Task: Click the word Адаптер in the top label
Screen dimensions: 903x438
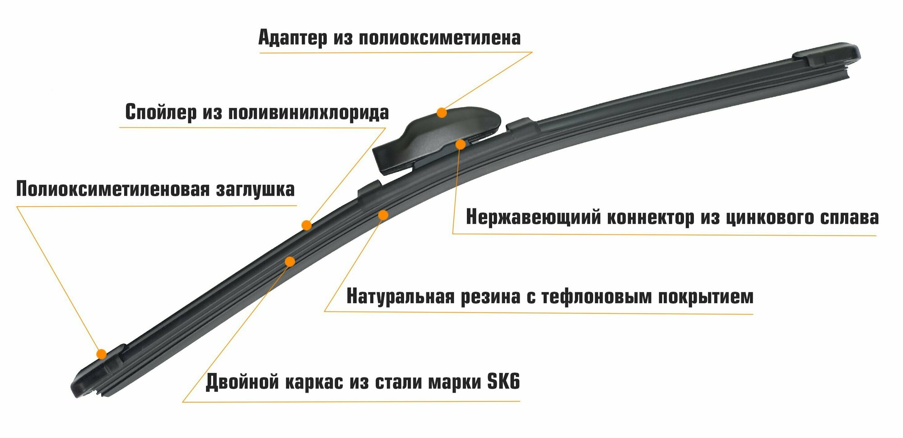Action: pyautogui.click(x=293, y=38)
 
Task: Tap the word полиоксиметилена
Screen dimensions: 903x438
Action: pyautogui.click(x=440, y=38)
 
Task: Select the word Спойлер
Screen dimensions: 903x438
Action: pyautogui.click(x=160, y=112)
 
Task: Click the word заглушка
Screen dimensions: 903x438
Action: pyautogui.click(x=255, y=189)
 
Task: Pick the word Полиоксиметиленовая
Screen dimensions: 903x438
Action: pyautogui.click(x=113, y=189)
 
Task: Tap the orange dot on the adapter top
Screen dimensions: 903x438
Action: pyautogui.click(x=442, y=113)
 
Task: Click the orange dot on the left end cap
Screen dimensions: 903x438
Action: pyautogui.click(x=102, y=353)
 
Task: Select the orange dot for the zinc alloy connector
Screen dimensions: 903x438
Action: pyautogui.click(x=460, y=144)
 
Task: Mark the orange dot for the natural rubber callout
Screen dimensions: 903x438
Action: pyautogui.click(x=383, y=215)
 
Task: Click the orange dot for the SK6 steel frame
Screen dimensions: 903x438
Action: pyautogui.click(x=290, y=262)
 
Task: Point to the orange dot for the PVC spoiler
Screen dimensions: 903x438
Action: pyautogui.click(x=307, y=225)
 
